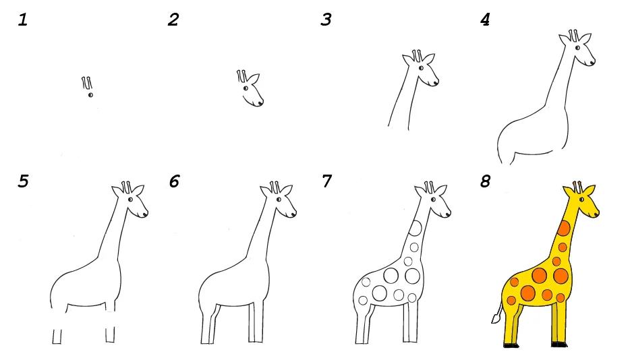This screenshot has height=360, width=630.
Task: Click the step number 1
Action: [x=23, y=20]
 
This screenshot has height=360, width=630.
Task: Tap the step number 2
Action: [x=173, y=20]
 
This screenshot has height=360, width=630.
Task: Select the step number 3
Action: [x=326, y=20]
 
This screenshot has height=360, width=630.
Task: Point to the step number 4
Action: [x=486, y=20]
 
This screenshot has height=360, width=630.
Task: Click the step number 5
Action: [x=24, y=181]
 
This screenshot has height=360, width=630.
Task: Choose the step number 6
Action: [x=174, y=181]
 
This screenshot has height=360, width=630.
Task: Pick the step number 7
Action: [x=327, y=181]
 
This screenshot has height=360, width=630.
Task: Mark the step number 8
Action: [x=486, y=181]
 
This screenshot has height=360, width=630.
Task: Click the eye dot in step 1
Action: [x=90, y=95]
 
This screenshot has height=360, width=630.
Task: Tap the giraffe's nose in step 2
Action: [x=260, y=104]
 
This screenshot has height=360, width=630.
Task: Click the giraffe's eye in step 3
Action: [x=421, y=68]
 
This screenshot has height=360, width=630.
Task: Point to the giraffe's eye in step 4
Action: [x=577, y=48]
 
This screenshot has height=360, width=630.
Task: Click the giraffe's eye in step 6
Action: [x=279, y=200]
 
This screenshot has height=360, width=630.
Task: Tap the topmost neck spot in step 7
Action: [x=415, y=229]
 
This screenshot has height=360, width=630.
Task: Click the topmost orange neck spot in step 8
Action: [x=564, y=229]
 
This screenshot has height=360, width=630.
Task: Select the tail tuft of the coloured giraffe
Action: [x=496, y=319]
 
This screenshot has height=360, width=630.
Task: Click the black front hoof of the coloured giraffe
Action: [x=559, y=344]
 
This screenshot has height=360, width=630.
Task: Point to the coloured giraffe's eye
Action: [x=581, y=200]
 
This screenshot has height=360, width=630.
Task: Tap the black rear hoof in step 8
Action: [x=511, y=345]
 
